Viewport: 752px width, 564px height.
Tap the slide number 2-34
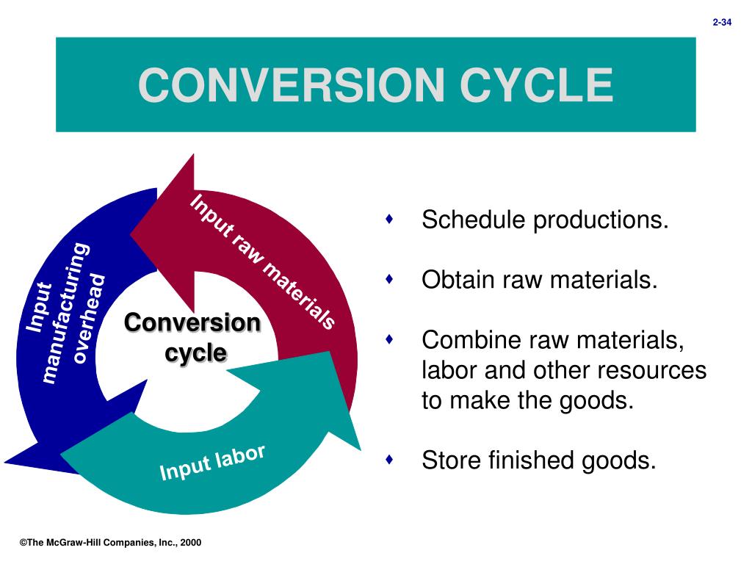pos(723,23)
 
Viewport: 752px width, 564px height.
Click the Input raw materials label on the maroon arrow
pos(263,261)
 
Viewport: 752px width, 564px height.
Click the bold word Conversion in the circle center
pos(192,323)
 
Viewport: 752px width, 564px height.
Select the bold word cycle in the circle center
pos(195,353)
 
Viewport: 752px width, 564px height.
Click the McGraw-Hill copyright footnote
pos(110,543)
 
